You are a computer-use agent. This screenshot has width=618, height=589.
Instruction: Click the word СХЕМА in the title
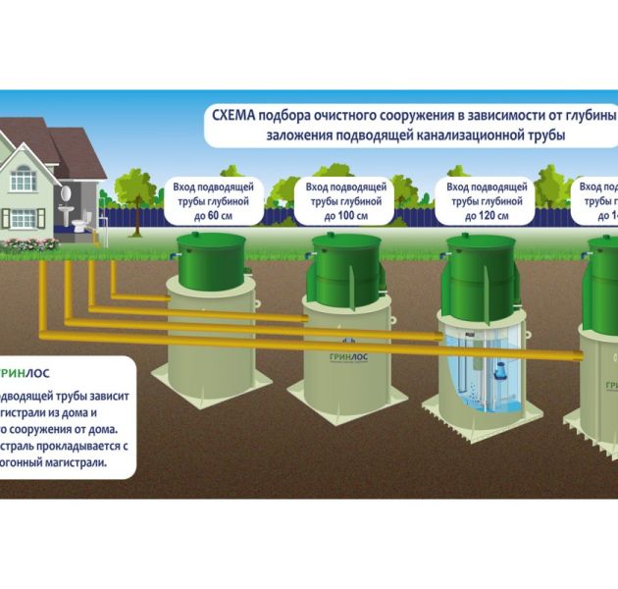[233, 116]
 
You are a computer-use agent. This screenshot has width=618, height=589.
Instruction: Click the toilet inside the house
[80, 224]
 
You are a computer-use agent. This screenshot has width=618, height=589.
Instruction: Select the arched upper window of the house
[23, 177]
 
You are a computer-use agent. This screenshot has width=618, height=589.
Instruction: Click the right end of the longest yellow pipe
[583, 349]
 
